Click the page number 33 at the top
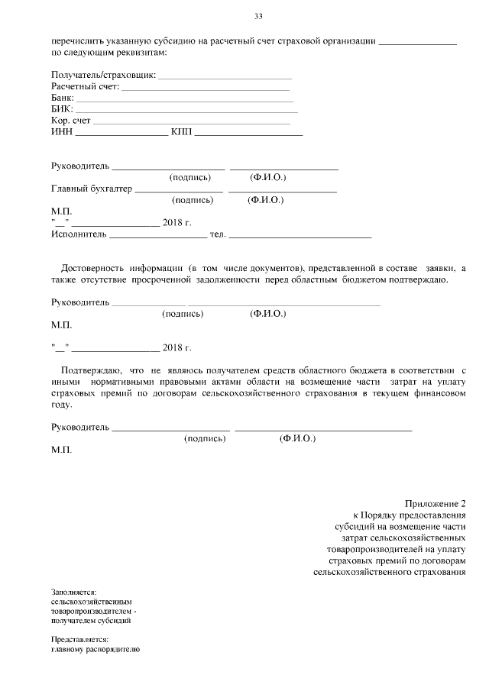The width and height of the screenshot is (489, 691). (257, 16)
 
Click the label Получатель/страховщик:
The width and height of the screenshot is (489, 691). (103, 76)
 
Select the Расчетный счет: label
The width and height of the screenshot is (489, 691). (85, 87)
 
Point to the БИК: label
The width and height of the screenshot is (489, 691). (62, 110)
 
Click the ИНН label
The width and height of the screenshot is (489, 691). (61, 133)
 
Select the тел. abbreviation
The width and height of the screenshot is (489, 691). (217, 234)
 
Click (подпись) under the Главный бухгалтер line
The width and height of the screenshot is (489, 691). (193, 200)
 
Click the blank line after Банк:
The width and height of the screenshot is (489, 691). (184, 100)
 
